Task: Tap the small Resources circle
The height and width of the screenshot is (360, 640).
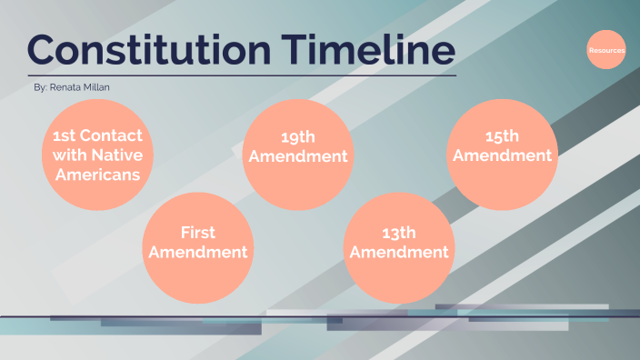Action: (606, 50)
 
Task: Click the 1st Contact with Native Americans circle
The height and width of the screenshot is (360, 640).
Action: (96, 155)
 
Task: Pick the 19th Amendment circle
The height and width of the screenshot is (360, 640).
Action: (297, 154)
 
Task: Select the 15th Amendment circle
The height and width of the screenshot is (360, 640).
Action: (502, 155)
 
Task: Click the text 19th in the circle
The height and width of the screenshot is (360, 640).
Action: (297, 138)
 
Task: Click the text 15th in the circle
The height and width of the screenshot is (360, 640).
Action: (502, 137)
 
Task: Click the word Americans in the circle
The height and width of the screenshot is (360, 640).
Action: (96, 174)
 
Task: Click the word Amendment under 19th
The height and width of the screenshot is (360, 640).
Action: (297, 156)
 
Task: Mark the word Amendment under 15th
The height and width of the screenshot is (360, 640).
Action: (502, 155)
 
